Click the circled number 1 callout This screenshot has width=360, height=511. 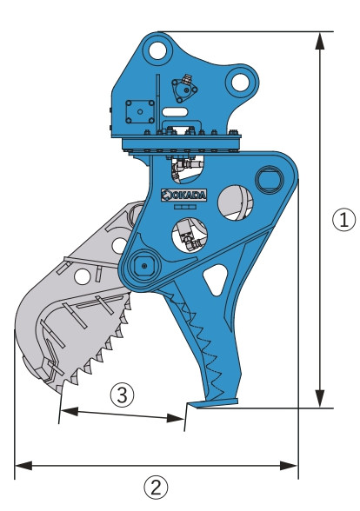click(x=343, y=220)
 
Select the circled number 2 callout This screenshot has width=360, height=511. click(x=156, y=488)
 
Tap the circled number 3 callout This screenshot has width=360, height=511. click(x=122, y=395)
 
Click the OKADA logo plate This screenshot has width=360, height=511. click(x=184, y=195)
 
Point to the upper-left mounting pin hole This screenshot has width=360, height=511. click(x=157, y=50)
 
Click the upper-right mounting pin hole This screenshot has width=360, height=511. click(x=240, y=83)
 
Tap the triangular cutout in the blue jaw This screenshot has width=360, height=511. click(x=216, y=279)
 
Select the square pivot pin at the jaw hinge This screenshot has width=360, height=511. click(x=144, y=266)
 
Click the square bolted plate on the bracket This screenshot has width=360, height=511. click(x=140, y=112)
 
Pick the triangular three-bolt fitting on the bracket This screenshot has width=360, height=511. click(x=184, y=90)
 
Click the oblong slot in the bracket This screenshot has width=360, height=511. click(x=175, y=112)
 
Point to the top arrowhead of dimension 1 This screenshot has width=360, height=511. click(x=320, y=41)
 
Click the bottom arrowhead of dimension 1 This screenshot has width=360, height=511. click(x=320, y=398)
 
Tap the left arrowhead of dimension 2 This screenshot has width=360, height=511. click(x=23, y=466)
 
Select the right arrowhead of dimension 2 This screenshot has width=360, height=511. click(x=289, y=466)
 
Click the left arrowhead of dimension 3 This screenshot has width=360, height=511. click(x=70, y=411)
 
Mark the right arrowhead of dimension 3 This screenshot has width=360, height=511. click(x=176, y=418)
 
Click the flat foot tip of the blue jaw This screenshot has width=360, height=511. click(x=214, y=403)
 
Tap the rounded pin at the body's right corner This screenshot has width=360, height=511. click(x=270, y=179)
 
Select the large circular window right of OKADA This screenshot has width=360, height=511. click(x=235, y=202)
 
